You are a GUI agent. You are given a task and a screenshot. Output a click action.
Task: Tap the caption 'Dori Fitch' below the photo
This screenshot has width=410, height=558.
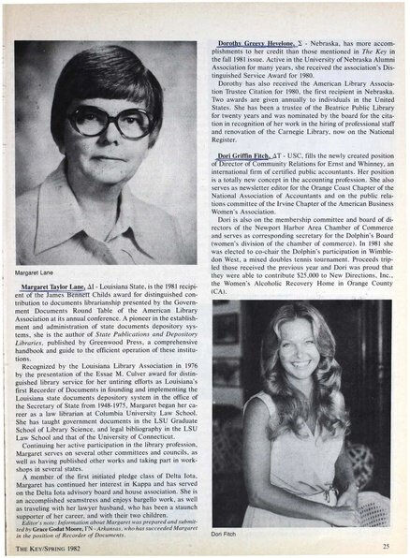[228, 533]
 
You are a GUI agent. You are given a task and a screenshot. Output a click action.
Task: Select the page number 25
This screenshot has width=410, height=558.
[387, 545]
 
